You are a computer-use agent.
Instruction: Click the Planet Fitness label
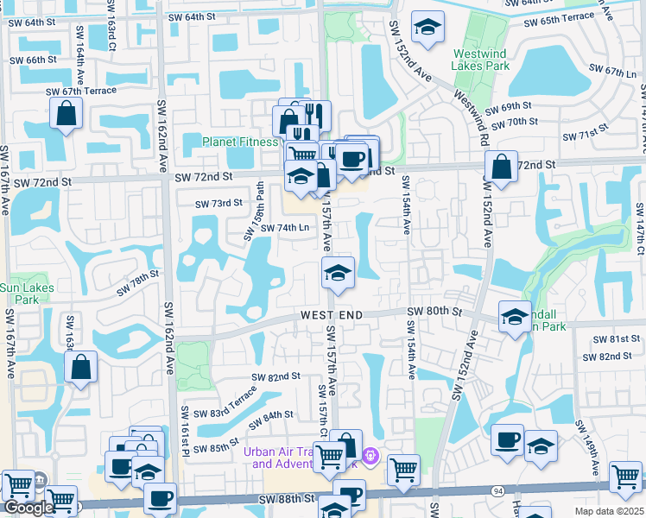[240, 142]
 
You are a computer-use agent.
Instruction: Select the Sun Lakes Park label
[26, 294]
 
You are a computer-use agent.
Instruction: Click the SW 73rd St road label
[216, 203]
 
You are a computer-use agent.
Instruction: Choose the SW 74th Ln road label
[282, 227]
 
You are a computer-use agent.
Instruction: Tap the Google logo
[28, 508]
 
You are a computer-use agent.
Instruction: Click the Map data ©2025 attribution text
[609, 511]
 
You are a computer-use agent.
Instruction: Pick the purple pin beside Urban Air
[370, 454]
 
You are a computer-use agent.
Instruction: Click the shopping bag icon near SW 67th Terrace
[66, 113]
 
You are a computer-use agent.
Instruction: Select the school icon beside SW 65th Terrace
[427, 28]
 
